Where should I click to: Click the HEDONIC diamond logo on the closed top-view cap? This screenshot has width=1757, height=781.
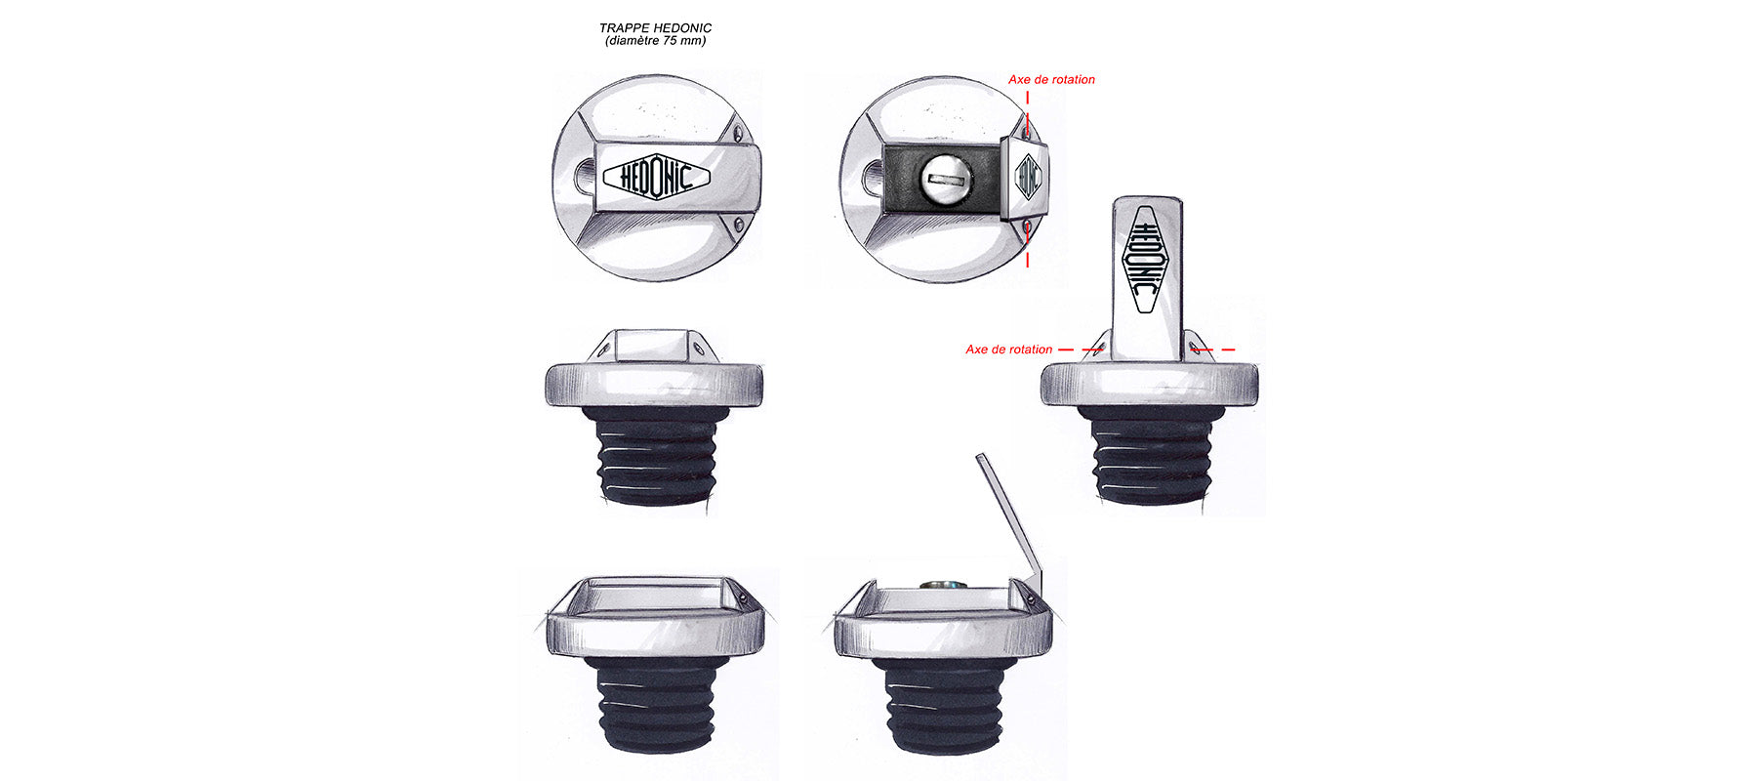click(x=656, y=178)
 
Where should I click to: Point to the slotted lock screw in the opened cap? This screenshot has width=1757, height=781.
click(x=945, y=179)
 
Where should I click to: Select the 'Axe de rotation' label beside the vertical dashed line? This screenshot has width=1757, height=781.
click(x=1051, y=80)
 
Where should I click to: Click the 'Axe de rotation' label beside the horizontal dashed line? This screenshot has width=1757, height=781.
click(x=1008, y=349)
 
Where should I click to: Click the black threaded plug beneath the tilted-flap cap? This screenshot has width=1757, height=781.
click(x=944, y=703)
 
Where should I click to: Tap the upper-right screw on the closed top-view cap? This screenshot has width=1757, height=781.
click(x=738, y=130)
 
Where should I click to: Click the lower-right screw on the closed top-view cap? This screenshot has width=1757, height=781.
click(x=738, y=225)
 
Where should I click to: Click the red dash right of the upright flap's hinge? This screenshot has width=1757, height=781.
click(x=1215, y=349)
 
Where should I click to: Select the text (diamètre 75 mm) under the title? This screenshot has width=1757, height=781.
click(x=655, y=41)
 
